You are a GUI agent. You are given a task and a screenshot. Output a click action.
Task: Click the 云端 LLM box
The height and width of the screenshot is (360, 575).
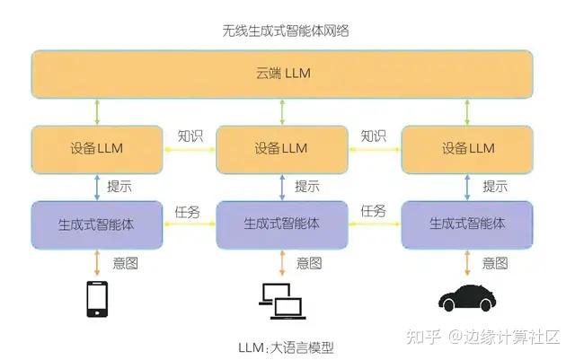point(282,74)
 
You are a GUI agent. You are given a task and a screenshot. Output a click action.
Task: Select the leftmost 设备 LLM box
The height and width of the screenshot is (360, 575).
point(97,148)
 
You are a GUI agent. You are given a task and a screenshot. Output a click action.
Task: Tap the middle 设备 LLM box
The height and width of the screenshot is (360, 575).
point(282,148)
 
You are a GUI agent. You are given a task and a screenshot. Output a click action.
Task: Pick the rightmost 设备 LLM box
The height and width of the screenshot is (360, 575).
point(467,148)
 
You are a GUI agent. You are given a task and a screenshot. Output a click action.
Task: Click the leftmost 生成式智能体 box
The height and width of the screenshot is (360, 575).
point(97,224)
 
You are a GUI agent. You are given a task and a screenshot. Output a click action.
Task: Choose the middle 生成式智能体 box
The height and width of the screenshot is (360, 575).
point(282,224)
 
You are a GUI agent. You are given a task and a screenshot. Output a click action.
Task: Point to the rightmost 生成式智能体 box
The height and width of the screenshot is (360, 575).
point(467,224)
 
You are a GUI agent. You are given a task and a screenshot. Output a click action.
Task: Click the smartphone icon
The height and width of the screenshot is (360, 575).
point(96,300)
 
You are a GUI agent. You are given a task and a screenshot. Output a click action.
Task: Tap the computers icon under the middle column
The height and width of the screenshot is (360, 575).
point(281,301)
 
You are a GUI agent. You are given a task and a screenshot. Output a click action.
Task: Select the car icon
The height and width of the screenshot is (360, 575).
point(467,301)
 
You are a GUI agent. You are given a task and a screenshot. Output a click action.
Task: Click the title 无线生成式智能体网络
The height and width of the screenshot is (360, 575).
point(285,31)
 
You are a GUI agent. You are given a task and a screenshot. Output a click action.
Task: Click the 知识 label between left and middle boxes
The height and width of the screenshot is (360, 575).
point(190,136)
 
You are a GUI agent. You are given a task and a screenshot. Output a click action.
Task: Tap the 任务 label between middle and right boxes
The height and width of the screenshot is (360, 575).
point(373,212)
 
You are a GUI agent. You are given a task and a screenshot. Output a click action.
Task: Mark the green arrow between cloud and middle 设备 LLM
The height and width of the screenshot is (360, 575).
point(282,111)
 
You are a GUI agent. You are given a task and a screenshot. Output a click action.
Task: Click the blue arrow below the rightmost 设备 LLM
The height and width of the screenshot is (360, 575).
point(467,187)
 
